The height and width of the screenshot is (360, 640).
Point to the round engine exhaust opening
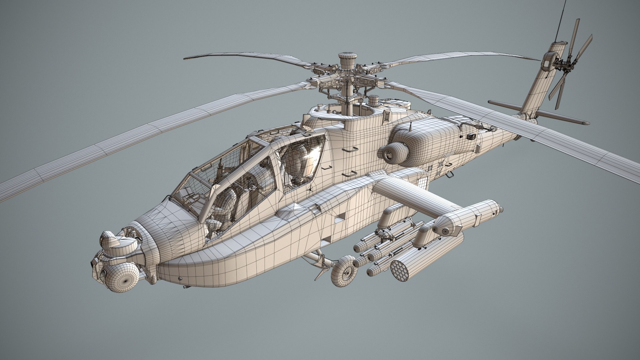point(392,152)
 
